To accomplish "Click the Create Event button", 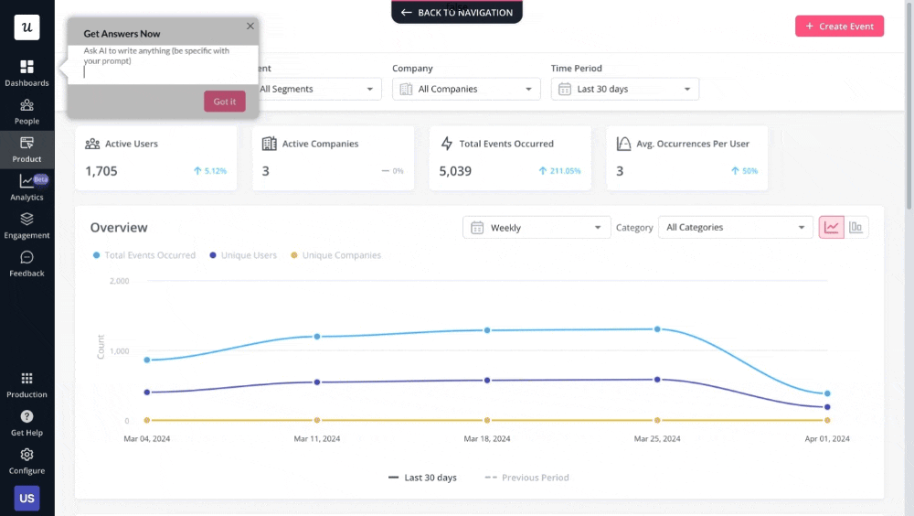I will coord(839,26).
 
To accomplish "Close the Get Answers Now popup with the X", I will coord(250,27).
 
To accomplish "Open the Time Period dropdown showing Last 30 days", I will coord(625,89).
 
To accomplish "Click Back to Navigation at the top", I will coord(457,13).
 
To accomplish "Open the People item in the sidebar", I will coord(27,112).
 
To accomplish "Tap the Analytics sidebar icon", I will coord(27,188).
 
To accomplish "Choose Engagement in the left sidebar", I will coord(27,225).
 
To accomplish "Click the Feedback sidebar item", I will coord(27,263).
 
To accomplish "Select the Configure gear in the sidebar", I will coord(27,461).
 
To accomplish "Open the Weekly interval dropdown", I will coord(537,228).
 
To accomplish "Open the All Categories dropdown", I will coord(735,228).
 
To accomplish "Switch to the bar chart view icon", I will coord(856,228).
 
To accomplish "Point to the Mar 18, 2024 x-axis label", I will coord(487,439).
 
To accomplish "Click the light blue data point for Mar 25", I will coord(657,328).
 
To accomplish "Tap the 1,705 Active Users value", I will coord(101,171).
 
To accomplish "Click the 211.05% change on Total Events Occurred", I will coord(559,171).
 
